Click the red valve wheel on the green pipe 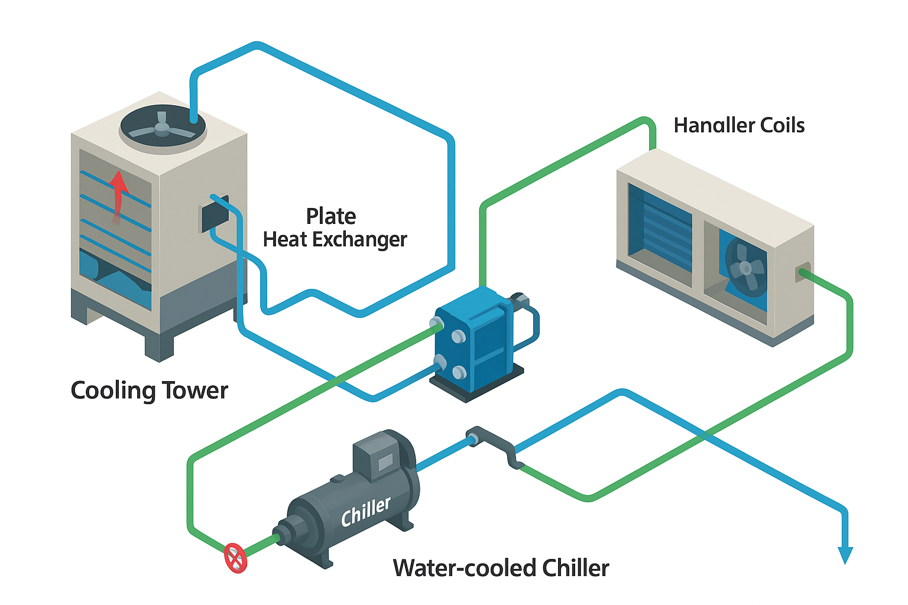pos(235,557)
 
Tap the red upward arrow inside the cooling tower pos(119,195)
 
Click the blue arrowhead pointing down pos(845,555)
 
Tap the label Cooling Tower pos(149,391)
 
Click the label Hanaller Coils pos(739,125)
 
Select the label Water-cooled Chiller pos(501,568)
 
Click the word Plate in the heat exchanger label pos(330,216)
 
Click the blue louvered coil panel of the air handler pos(660,231)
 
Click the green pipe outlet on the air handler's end pos(803,273)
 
